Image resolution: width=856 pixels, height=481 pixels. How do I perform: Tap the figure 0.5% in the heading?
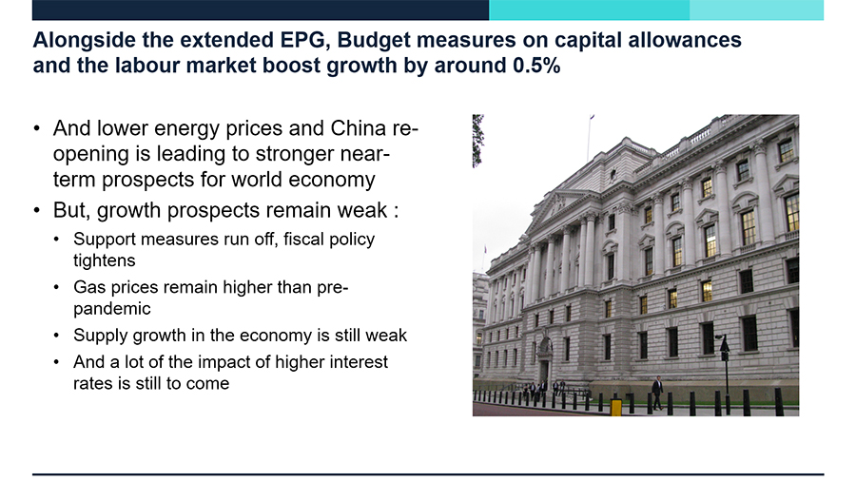[x=536, y=66]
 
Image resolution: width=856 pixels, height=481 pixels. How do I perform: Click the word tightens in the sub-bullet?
[x=105, y=260]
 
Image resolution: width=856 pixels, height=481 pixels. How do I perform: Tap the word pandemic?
[x=112, y=309]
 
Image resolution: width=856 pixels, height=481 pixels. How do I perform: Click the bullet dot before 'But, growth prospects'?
[x=36, y=210]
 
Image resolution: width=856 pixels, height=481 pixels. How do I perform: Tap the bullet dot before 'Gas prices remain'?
[x=57, y=287]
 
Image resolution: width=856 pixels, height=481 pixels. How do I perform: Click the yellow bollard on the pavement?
[x=615, y=407]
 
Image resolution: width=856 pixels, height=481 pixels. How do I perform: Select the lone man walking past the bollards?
[x=657, y=393]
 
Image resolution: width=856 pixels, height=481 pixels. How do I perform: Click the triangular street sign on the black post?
[x=725, y=344]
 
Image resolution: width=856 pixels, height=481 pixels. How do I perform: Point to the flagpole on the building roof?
[x=589, y=138]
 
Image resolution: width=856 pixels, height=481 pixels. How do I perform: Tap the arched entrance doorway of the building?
[x=544, y=359]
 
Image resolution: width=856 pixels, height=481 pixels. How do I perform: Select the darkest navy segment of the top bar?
[x=261, y=10]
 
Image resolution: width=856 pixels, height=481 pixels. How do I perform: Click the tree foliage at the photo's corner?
[x=477, y=140]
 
